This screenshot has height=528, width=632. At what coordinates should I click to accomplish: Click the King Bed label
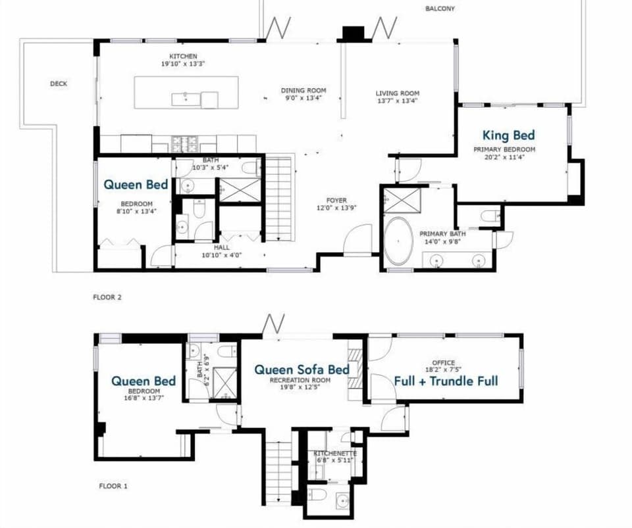pos(508,135)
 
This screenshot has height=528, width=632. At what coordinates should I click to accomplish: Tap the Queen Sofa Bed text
pos(302,370)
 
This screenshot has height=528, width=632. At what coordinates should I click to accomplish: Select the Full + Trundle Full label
pos(446,381)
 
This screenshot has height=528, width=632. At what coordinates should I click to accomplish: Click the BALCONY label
pos(440,9)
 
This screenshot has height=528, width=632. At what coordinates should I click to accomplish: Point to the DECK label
pos(59,84)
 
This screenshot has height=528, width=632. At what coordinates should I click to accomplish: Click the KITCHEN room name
pos(183,57)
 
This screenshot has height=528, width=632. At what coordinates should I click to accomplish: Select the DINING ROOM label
pos(303,91)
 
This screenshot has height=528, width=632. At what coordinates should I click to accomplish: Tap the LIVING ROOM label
pos(398,93)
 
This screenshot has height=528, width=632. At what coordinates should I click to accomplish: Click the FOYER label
pos(336,201)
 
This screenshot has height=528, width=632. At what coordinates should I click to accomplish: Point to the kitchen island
pos(186,92)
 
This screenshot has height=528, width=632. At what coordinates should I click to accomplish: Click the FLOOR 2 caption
pos(107,297)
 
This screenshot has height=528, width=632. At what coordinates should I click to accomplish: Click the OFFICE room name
pos(443,362)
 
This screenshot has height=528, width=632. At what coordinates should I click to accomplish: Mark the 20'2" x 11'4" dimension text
pos(505,157)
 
